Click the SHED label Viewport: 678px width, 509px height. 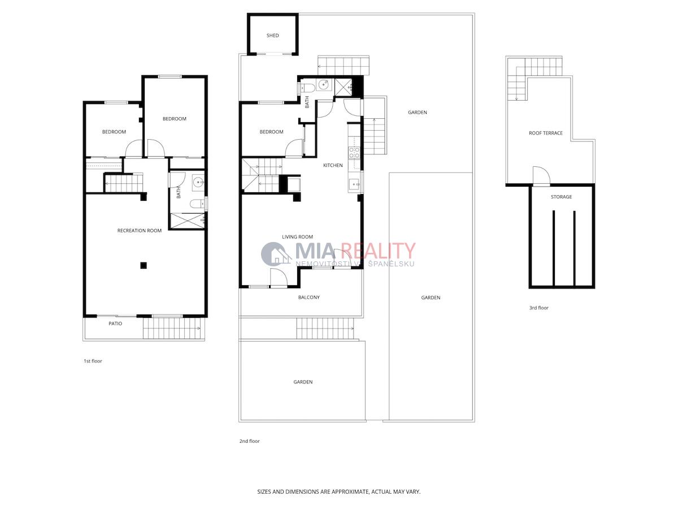pyautogui.click(x=272, y=36)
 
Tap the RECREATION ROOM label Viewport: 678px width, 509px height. pyautogui.click(x=140, y=231)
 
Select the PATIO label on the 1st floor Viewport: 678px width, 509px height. pyautogui.click(x=115, y=323)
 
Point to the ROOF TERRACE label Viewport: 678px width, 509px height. pyautogui.click(x=545, y=133)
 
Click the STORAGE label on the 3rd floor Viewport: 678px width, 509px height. pyautogui.click(x=561, y=197)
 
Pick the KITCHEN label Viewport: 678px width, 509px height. pyautogui.click(x=333, y=165)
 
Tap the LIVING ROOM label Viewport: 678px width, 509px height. pyautogui.click(x=297, y=237)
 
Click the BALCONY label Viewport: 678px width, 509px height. pyautogui.click(x=308, y=297)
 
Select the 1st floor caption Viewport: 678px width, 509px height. pyautogui.click(x=93, y=361)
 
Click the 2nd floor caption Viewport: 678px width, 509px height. pyautogui.click(x=249, y=441)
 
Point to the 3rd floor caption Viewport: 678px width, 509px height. pyautogui.click(x=538, y=308)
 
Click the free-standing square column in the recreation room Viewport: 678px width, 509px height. pyautogui.click(x=144, y=265)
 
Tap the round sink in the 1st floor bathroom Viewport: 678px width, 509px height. pyautogui.click(x=198, y=182)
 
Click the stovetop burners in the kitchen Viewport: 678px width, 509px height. pyautogui.click(x=354, y=153)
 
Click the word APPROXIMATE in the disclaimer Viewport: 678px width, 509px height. pyautogui.click(x=351, y=491)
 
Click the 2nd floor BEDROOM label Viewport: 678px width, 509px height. pyautogui.click(x=271, y=132)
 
